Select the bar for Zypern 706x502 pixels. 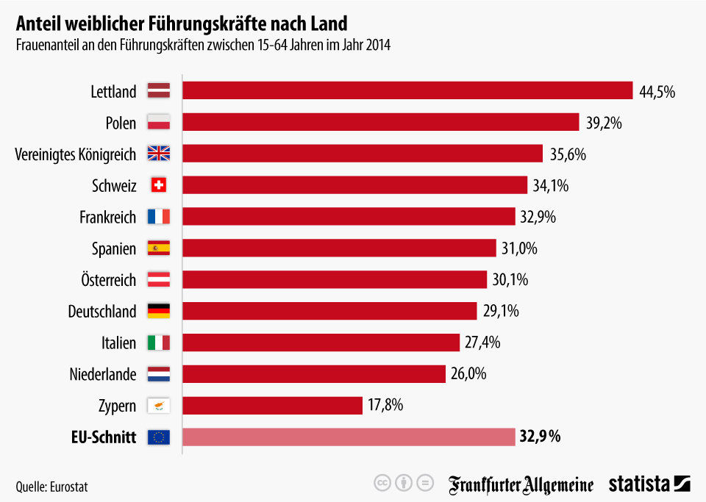[272, 406]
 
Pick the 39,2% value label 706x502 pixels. [604, 123]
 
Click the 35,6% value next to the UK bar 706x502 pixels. [568, 154]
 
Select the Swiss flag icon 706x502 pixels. [159, 185]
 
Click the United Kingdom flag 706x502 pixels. [159, 154]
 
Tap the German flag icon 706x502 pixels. [159, 311]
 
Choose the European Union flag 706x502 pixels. [159, 437]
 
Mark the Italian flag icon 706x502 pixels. [159, 343]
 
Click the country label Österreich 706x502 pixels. [108, 280]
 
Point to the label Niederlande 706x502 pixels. [103, 374]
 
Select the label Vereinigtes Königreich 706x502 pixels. [76, 154]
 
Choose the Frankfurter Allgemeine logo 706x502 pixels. [521, 484]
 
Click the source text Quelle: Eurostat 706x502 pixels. [46, 486]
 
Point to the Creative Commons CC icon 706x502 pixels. [382, 484]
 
